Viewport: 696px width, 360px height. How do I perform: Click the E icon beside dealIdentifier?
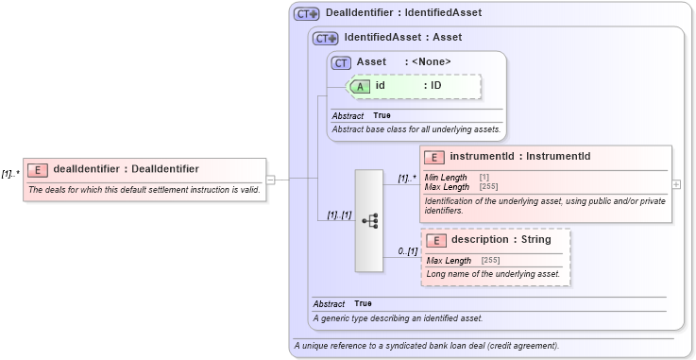(39, 170)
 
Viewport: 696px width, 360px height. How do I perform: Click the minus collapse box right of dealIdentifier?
(270, 178)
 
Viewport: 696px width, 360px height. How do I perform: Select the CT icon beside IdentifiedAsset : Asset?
(326, 39)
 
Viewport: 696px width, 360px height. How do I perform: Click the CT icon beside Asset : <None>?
(342, 62)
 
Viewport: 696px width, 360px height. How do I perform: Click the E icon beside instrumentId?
(435, 157)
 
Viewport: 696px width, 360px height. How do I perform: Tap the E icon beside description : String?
(436, 240)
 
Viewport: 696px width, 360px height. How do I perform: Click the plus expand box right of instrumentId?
(675, 183)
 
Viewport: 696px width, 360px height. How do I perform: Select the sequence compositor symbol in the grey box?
(370, 220)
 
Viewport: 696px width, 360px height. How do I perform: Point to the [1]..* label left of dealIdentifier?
(10, 174)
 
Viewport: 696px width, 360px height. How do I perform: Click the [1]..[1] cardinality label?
(339, 214)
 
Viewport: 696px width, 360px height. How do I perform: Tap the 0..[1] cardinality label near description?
(406, 250)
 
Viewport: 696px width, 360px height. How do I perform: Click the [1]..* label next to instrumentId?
(407, 177)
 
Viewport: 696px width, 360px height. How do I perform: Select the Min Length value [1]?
(484, 178)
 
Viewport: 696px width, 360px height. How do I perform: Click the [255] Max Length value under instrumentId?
(487, 187)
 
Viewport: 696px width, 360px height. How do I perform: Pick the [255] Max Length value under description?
(491, 261)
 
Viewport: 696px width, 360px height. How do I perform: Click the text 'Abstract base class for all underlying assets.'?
(416, 129)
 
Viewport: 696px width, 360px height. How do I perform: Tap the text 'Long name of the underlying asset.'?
(493, 274)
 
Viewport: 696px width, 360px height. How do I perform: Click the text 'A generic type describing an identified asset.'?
(398, 317)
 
